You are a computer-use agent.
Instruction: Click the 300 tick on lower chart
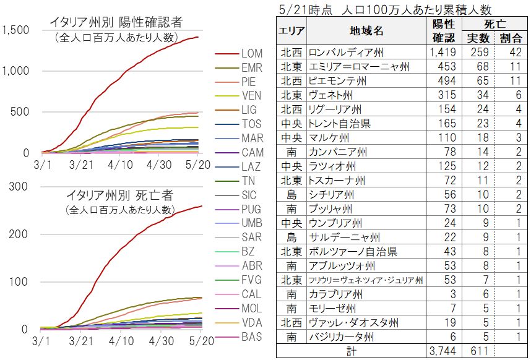20,187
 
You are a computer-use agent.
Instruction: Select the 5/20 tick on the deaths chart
198,341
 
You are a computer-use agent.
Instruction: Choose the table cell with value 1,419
442,53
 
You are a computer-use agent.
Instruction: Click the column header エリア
291,31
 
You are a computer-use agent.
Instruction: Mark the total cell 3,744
442,351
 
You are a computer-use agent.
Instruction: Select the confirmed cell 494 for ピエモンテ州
442,81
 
